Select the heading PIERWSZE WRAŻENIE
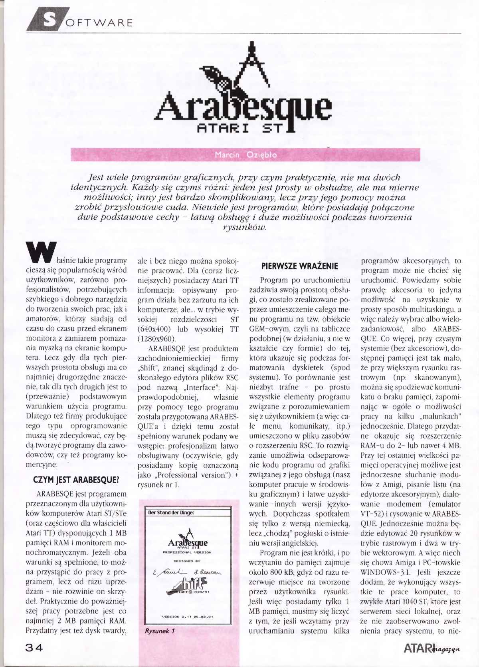(299, 266)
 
